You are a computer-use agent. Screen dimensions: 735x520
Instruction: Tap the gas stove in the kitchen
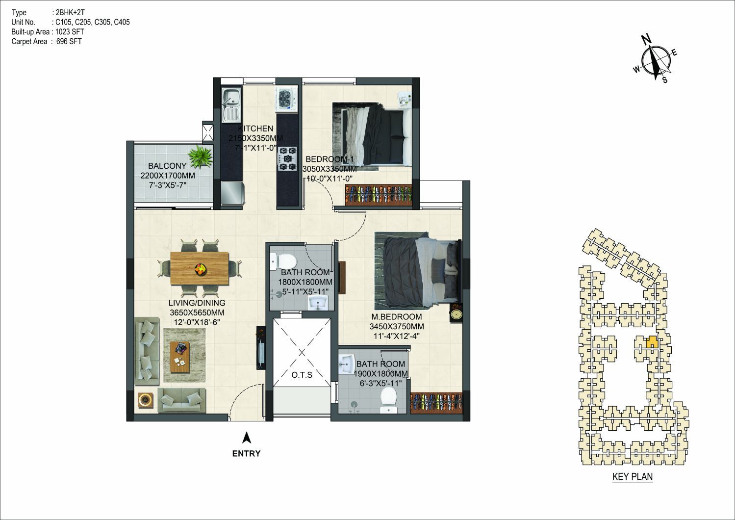click(x=288, y=159)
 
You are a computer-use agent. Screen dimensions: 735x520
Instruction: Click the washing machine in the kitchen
click(x=286, y=99)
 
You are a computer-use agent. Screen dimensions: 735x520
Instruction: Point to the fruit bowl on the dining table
click(x=200, y=269)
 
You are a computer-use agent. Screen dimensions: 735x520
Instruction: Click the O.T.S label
click(x=302, y=375)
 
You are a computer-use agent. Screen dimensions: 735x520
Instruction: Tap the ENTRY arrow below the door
click(x=247, y=438)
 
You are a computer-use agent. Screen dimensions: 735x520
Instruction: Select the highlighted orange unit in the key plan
click(x=652, y=342)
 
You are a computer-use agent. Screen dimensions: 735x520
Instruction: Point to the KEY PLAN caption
click(x=633, y=476)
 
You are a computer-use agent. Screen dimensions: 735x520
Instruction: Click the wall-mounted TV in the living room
click(x=261, y=348)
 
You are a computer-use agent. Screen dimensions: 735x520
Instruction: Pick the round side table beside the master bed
click(x=456, y=314)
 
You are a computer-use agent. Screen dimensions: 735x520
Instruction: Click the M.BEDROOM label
click(x=397, y=317)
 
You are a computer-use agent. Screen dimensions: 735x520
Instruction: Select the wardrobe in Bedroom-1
click(x=379, y=195)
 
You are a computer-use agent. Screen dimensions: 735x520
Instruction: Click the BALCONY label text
click(x=167, y=166)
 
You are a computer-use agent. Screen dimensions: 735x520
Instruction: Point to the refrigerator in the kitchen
click(x=232, y=193)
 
